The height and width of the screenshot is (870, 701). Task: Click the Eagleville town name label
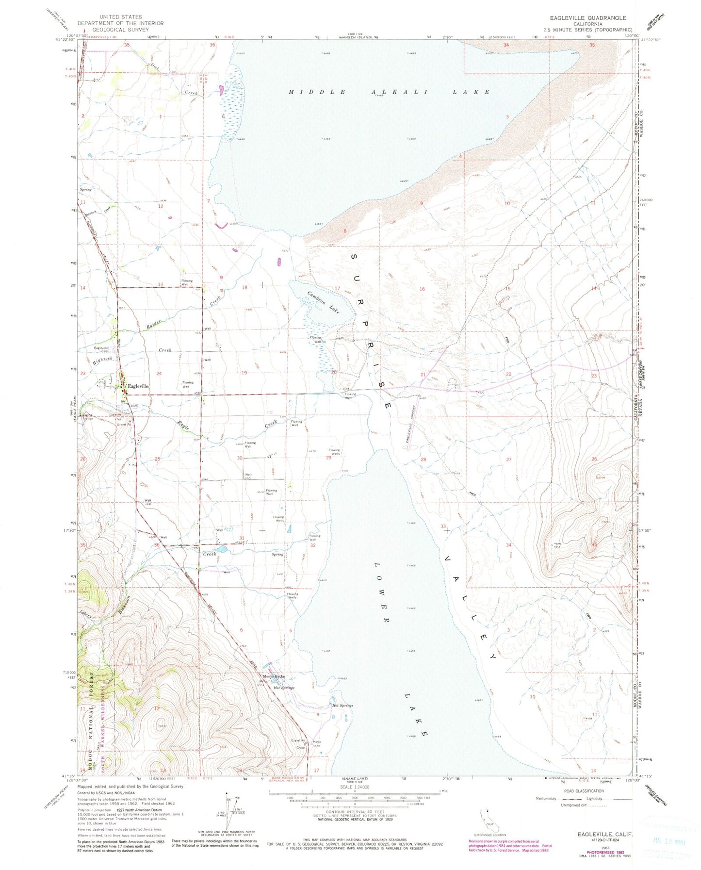137,386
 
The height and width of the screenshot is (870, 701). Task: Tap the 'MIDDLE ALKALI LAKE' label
389,92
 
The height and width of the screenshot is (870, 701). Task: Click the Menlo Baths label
274,676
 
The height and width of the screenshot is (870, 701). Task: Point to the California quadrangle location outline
486,824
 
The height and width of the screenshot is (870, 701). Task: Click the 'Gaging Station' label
88,417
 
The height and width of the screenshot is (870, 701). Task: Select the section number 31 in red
242,538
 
